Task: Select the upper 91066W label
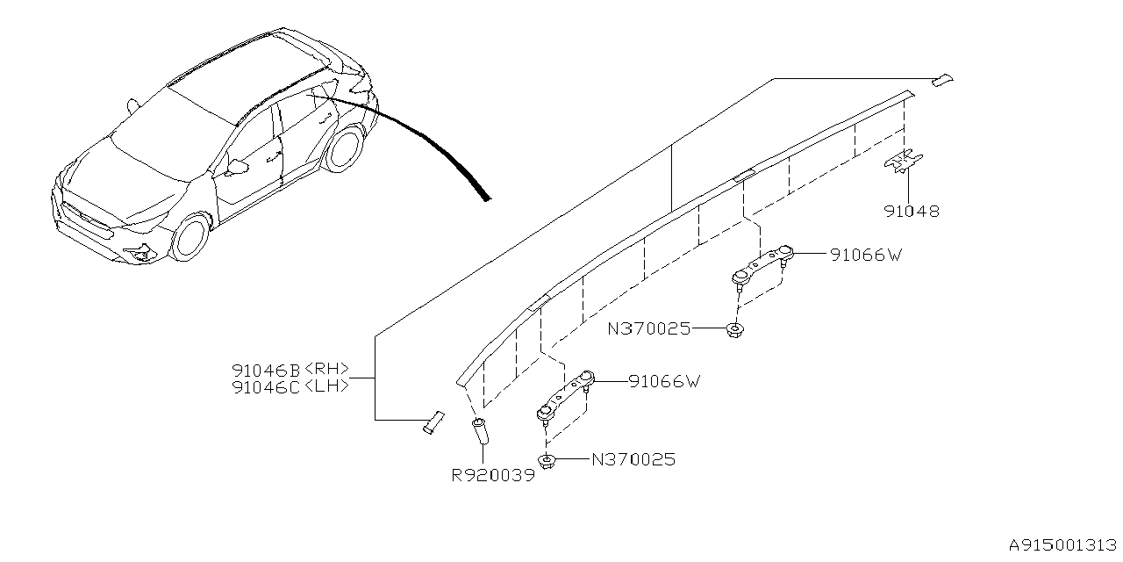pos(866,256)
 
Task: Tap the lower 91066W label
pos(663,382)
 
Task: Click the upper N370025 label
pos(649,329)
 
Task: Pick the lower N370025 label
pos(633,459)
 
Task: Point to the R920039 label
pos(492,475)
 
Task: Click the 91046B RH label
pos(290,369)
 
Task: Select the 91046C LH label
pos(290,385)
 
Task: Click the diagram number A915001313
pos(1062,546)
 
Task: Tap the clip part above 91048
pos(904,161)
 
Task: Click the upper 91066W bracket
pos(762,265)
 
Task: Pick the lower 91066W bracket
pos(565,396)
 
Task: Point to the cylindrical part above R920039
pos(481,433)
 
